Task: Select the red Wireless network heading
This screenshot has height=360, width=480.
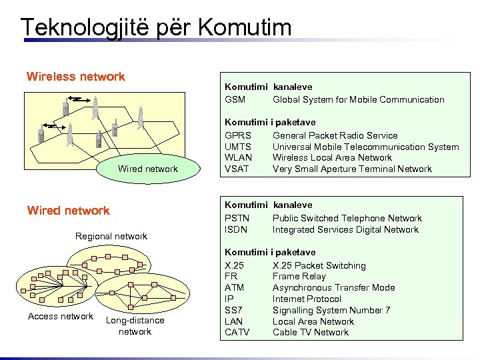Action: point(75,77)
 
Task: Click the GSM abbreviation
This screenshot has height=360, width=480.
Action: point(235,100)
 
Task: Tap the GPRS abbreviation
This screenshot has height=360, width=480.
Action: point(238,135)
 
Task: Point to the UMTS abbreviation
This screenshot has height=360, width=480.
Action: point(239,147)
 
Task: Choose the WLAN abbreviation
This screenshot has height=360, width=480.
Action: point(239,158)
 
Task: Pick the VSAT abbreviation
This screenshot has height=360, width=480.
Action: point(237,169)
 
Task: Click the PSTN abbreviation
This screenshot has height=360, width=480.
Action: point(237,219)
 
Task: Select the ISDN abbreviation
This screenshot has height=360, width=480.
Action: point(237,230)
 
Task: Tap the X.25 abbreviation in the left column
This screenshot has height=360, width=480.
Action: point(235,266)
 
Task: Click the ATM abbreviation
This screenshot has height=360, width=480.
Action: point(235,288)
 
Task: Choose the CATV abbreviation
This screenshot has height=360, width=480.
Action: point(237,333)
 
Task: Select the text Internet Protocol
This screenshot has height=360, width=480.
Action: point(307,299)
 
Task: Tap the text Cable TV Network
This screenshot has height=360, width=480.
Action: point(311,333)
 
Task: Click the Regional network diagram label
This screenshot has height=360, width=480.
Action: point(111,237)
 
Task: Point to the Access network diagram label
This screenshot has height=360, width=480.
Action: point(61,317)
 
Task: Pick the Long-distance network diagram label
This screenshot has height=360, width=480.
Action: point(135,326)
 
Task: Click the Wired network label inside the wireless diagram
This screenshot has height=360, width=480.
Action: point(148,169)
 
